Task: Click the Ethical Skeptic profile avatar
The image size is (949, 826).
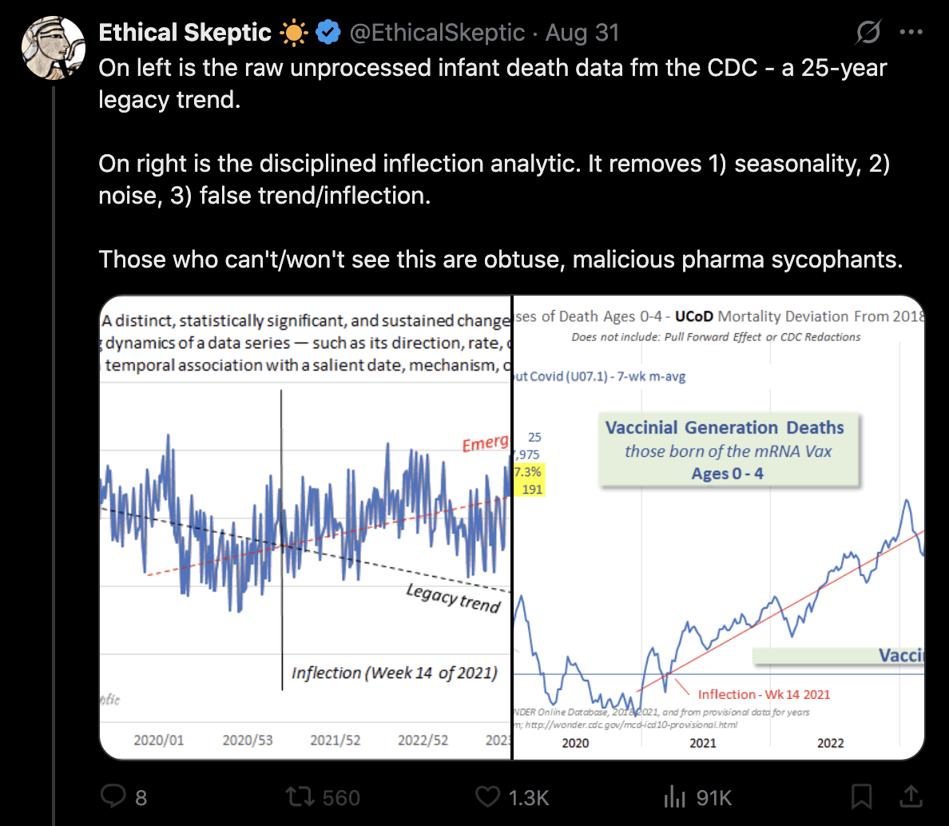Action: coord(54,47)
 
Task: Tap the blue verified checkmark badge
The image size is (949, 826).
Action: coord(328,33)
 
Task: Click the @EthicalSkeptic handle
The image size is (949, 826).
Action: coord(437,33)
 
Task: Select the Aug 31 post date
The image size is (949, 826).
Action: coord(582,33)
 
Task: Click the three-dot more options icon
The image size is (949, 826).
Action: coord(911,33)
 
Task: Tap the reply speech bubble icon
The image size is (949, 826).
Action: coord(113,796)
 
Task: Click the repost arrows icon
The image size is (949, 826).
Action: coord(300,796)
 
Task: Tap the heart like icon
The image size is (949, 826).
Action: coord(487,796)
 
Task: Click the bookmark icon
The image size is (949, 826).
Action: coord(861,796)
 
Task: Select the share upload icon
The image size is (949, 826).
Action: coord(910,796)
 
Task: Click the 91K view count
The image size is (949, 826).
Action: coord(713,797)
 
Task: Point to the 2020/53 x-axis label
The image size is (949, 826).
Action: coord(248,741)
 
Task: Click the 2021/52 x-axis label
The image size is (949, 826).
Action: coord(336,741)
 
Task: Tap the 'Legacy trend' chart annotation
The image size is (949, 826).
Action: coord(453,598)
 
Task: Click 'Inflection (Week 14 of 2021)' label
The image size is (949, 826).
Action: coord(394,673)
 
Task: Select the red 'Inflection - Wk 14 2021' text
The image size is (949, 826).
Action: coord(764,694)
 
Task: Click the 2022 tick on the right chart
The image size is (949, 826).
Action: coord(830,743)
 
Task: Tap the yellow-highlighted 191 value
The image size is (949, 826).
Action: coord(532,489)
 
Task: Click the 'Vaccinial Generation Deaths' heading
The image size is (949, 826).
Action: coord(725,427)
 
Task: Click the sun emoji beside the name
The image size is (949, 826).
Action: coord(293,33)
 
